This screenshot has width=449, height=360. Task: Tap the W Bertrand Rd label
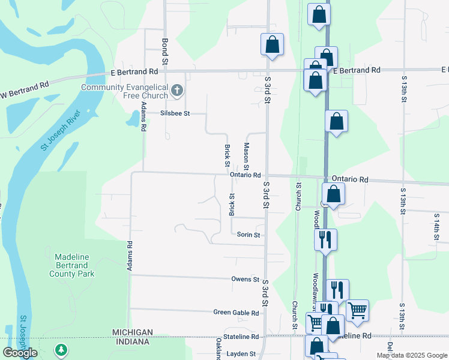pos(25,90)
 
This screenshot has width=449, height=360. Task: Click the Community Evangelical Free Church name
pos(125,91)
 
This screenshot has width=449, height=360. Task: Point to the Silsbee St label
pos(175,113)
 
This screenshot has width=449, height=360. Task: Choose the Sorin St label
pos(248,235)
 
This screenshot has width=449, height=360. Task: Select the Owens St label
pos(246,280)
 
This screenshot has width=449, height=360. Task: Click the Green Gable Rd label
pos(237,313)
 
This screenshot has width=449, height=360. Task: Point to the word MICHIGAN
pos(132,332)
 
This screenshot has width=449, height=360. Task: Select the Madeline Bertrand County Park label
pos(72,265)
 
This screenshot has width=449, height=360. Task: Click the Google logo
pos(20,353)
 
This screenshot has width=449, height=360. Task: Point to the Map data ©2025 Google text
pos(411,355)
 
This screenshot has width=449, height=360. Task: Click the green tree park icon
pos(61,349)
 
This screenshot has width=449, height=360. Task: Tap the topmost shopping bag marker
pos(319,15)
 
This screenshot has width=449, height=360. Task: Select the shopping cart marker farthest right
pos(357,310)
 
